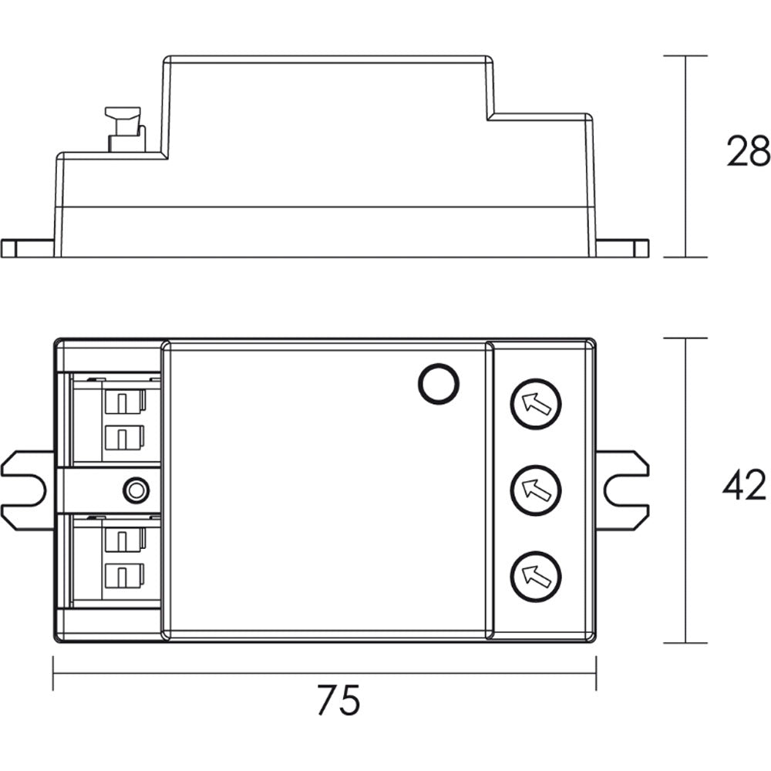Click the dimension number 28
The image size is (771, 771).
pyautogui.click(x=747, y=152)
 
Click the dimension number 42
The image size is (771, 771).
pyautogui.click(x=745, y=486)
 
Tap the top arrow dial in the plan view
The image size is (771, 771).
pyautogui.click(x=536, y=403)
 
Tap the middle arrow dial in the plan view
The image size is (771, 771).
pyautogui.click(x=536, y=489)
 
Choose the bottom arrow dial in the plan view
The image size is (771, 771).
pyautogui.click(x=536, y=575)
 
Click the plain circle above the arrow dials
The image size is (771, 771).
pyautogui.click(x=438, y=383)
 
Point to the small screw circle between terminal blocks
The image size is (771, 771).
pyautogui.click(x=136, y=489)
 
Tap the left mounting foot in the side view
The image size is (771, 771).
pyautogui.click(x=27, y=248)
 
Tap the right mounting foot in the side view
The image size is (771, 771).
pyautogui.click(x=622, y=248)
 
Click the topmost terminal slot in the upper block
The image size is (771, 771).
pyautogui.click(x=123, y=401)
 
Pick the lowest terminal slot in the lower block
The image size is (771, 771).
pyautogui.click(x=123, y=575)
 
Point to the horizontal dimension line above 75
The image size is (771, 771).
pyautogui.click(x=324, y=672)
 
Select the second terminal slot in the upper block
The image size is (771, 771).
pyautogui.click(x=123, y=438)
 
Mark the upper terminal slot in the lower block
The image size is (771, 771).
pyautogui.click(x=123, y=539)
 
